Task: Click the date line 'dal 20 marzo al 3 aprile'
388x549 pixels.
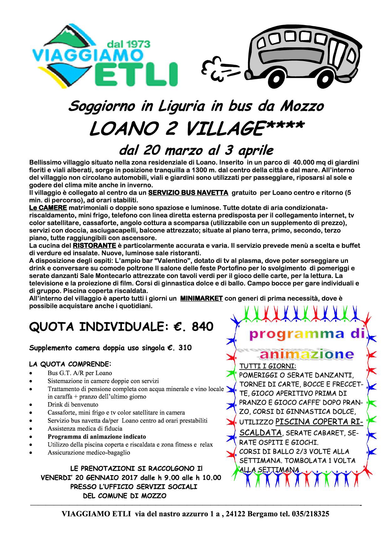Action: pyautogui.click(x=196, y=150)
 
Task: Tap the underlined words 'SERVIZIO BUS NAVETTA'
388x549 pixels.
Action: pyautogui.click(x=188, y=193)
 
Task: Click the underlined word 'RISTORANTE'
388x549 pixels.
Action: pyautogui.click(x=94, y=245)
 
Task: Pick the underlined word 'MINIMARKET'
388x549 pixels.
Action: pyautogui.click(x=201, y=298)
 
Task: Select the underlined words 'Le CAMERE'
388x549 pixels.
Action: pyautogui.click(x=48, y=208)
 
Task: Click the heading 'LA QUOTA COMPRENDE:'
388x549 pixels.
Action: pyautogui.click(x=70, y=364)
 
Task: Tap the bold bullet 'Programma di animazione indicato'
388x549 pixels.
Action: pyautogui.click(x=97, y=436)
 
